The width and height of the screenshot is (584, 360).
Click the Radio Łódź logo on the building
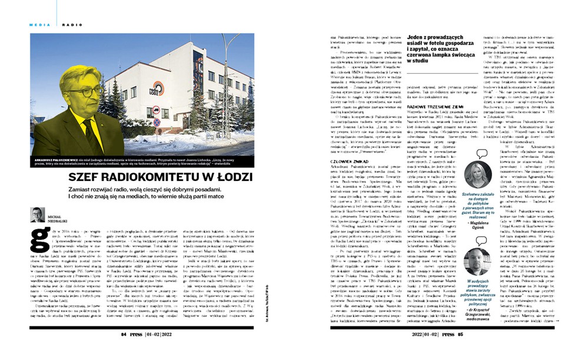[157, 88]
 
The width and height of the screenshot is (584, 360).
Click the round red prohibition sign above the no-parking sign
[156, 110]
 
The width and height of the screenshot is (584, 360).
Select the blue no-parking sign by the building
[157, 122]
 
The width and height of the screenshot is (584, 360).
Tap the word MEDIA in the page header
[39, 25]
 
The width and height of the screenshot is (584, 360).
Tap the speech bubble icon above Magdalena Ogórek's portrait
[482, 153]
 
